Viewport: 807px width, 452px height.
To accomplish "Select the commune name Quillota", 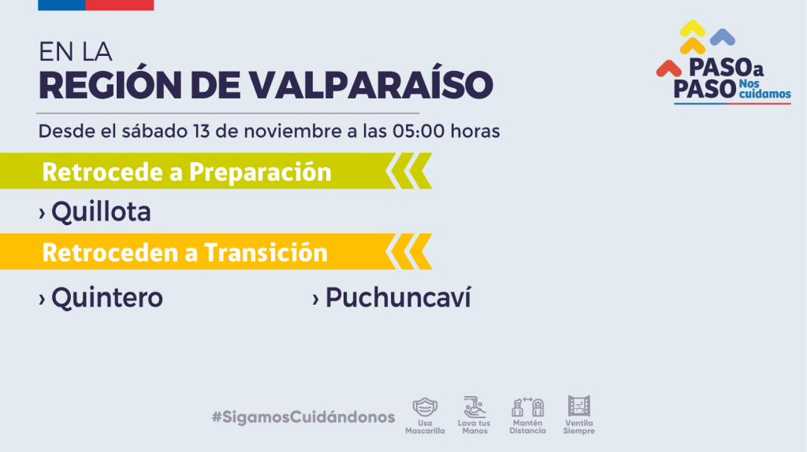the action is pos(101,211).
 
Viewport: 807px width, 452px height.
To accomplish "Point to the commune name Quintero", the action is pos(107,297).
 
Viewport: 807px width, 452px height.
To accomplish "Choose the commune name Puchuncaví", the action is pos(398,297).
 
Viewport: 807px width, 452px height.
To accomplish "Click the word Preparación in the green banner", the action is pos(260,172).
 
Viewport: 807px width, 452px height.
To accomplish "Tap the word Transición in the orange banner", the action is pos(266,253).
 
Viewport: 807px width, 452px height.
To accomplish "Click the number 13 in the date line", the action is pos(201,132).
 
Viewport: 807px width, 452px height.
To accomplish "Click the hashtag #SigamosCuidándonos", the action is pos(303,417).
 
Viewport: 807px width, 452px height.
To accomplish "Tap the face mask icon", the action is pos(425,407).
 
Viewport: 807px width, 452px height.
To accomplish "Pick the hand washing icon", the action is pos(474,407).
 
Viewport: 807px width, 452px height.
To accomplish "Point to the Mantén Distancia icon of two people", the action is pos(527,407).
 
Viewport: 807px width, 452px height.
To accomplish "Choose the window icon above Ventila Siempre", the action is pos(579,406).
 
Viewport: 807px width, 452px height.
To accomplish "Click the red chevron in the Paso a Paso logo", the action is pos(668,69).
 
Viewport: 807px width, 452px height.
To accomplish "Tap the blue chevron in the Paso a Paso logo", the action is pos(723,37).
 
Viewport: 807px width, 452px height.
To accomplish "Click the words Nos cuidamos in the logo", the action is pos(764,89).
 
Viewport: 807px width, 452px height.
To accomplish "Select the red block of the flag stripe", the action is pos(120,6).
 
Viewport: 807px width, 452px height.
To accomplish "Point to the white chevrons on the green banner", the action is pos(409,171).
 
